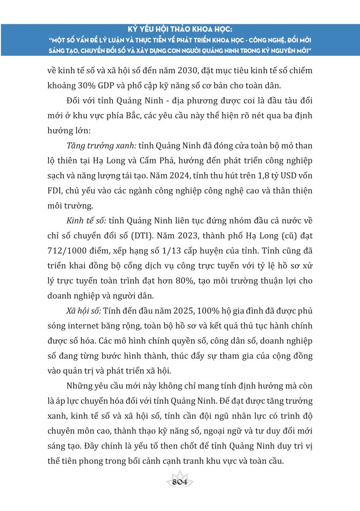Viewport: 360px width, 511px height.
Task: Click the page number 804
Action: [x=180, y=482]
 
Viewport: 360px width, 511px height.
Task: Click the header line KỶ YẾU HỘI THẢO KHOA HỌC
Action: [x=180, y=31]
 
